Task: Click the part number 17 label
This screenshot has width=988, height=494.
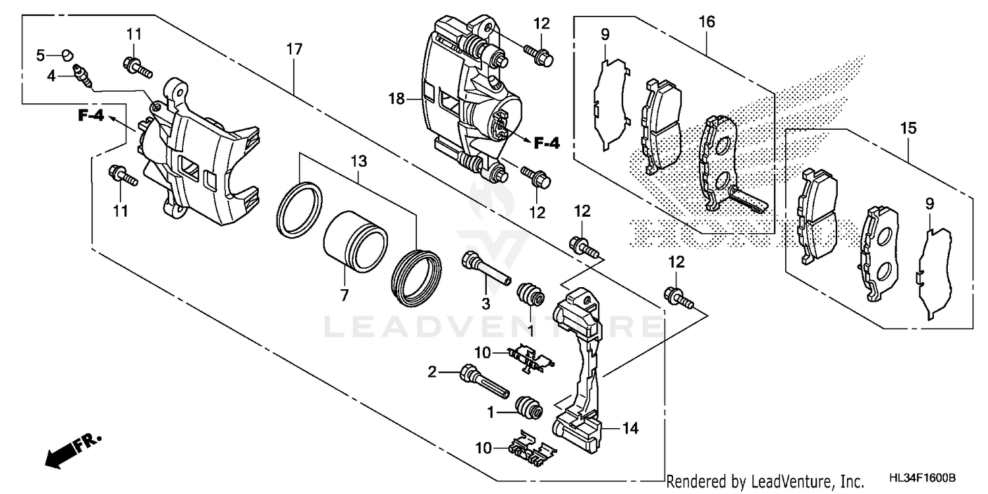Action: coord(294,49)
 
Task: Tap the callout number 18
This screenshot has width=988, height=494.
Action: coord(396,99)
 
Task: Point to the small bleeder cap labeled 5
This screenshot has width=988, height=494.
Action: coord(67,54)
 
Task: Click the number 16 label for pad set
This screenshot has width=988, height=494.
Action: coord(707,22)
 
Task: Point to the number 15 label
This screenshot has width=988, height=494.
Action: coord(908,128)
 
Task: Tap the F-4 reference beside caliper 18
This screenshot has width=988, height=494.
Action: coord(546,142)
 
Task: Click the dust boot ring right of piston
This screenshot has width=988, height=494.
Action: coord(416,277)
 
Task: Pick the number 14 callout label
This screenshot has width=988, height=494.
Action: coord(630,428)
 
